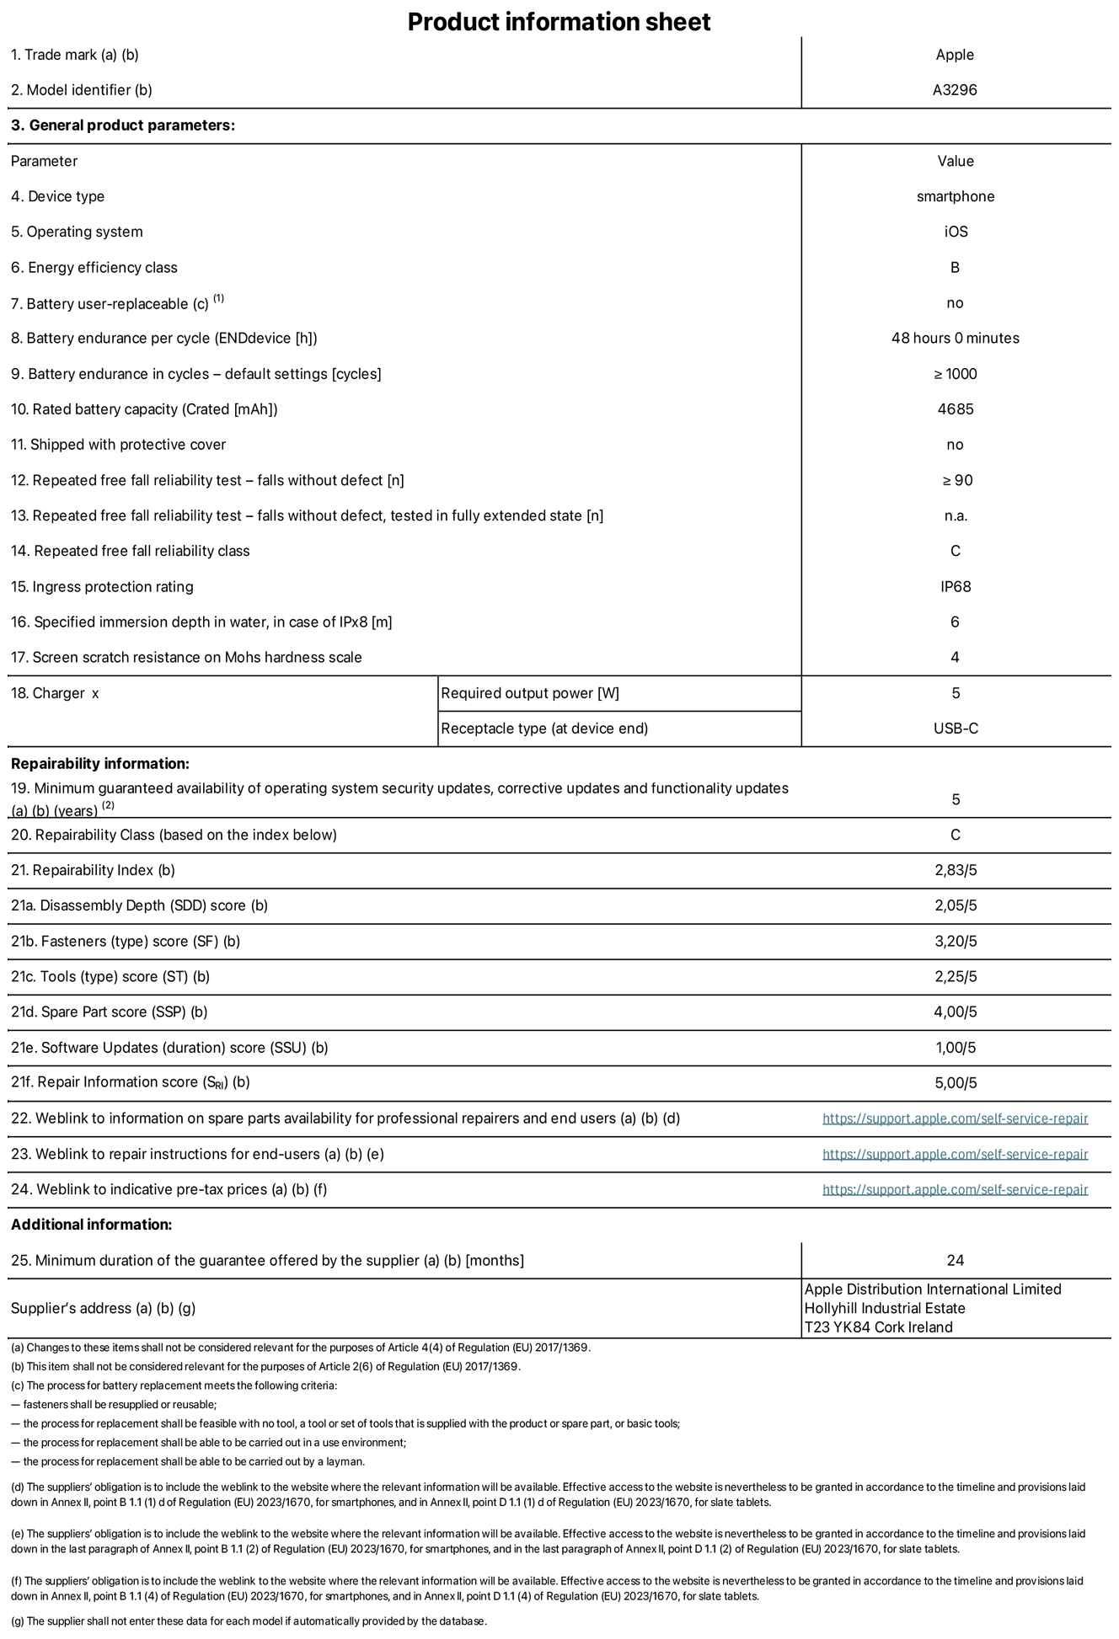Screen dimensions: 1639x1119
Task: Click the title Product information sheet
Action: click(x=559, y=22)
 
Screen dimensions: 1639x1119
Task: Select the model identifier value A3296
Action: click(x=955, y=90)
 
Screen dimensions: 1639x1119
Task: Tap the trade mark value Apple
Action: click(x=955, y=55)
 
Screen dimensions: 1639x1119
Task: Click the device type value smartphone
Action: click(x=956, y=196)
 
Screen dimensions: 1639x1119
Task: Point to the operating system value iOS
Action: click(x=956, y=232)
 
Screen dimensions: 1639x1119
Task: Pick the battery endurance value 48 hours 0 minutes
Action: click(x=955, y=338)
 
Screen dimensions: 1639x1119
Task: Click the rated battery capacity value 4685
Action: click(x=955, y=409)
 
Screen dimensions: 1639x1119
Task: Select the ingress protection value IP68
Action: click(x=956, y=586)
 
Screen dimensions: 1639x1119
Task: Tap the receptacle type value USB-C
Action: click(x=956, y=729)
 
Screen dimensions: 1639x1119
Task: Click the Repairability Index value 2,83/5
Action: click(x=956, y=870)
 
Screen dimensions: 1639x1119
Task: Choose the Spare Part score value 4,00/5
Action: click(x=956, y=1012)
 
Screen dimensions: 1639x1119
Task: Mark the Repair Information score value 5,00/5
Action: click(x=956, y=1083)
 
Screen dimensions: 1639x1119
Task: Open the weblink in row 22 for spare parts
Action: click(x=955, y=1118)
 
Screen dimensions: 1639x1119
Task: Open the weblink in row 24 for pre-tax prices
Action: click(x=955, y=1189)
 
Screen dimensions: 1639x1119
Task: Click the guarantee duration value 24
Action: click(x=955, y=1260)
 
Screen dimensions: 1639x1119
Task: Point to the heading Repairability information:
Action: click(x=100, y=764)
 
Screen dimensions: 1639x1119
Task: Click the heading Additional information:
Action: click(x=91, y=1225)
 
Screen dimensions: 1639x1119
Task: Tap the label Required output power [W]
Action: click(x=530, y=693)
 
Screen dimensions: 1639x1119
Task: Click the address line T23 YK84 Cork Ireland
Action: click(x=878, y=1327)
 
